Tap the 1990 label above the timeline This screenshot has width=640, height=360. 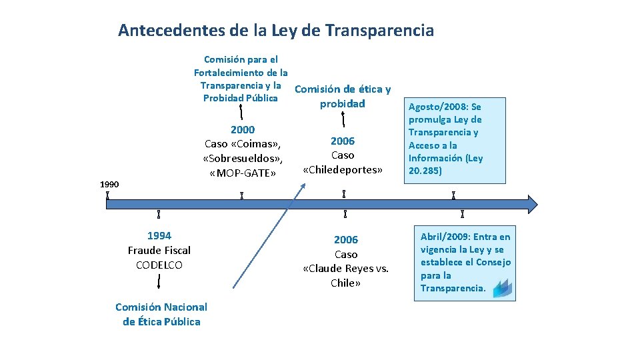click(109, 184)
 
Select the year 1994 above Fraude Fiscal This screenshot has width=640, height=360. click(159, 235)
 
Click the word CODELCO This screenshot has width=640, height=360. click(159, 265)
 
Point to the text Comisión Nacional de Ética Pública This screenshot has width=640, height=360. click(161, 314)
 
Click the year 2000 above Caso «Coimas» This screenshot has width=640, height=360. click(243, 129)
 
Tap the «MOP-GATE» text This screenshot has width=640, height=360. click(242, 173)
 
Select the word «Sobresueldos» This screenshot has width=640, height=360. click(243, 159)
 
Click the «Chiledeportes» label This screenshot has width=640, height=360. click(343, 169)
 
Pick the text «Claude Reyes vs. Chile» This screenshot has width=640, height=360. click(345, 269)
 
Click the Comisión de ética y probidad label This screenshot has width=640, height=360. click(343, 96)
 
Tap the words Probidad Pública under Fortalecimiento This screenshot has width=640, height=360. click(240, 98)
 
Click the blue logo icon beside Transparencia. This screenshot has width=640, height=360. click(502, 287)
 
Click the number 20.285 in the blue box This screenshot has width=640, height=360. click(425, 171)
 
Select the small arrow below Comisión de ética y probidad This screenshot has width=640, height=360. click(343, 119)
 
